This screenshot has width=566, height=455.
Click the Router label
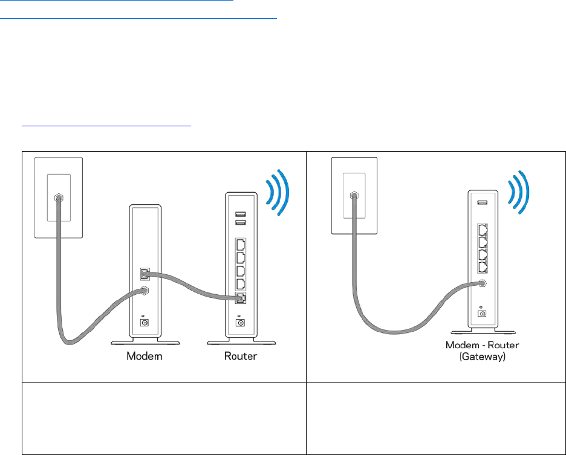click(240, 356)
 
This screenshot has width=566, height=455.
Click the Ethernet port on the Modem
click(144, 274)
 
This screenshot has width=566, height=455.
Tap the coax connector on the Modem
click(145, 291)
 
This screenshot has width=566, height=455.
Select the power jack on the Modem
click(145, 323)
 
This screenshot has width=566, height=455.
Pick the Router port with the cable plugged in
click(241, 298)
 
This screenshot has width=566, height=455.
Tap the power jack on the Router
click(241, 323)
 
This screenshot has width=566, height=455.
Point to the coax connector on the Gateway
click(483, 283)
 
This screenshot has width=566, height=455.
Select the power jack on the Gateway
click(483, 313)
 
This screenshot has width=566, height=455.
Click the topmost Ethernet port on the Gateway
click(483, 231)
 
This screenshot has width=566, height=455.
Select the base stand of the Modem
click(145, 343)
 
